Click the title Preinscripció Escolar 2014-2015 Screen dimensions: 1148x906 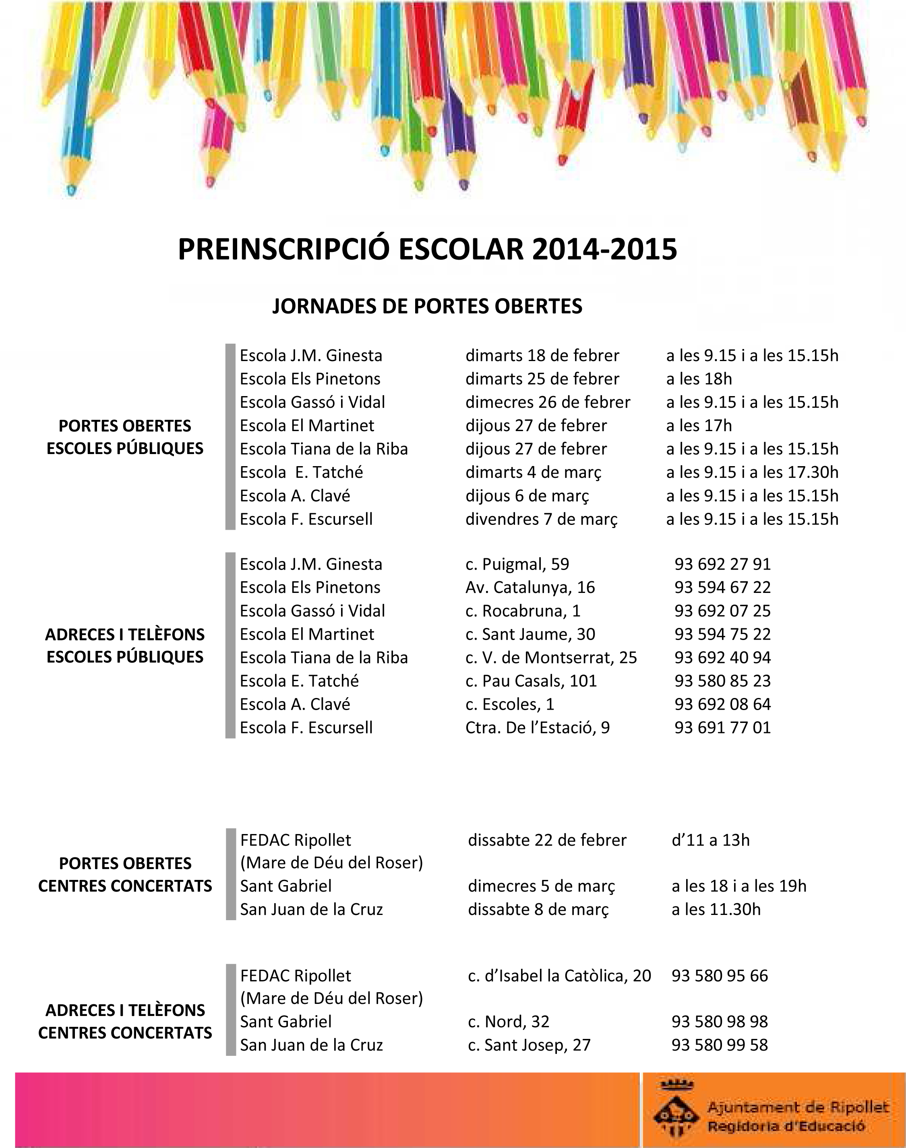(x=427, y=249)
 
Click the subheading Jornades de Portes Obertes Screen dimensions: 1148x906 (x=427, y=306)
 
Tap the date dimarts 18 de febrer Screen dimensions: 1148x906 (x=542, y=355)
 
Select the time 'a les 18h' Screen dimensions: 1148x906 (x=699, y=379)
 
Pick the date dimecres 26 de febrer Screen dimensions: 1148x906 (x=547, y=402)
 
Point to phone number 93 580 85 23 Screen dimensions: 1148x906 (x=722, y=681)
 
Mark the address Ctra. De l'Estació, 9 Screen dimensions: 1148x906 (x=537, y=727)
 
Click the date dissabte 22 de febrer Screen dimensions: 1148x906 (x=547, y=840)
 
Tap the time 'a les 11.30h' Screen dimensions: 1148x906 (x=716, y=909)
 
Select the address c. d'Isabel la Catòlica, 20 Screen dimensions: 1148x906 (x=559, y=976)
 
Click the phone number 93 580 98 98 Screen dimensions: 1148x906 (x=719, y=1021)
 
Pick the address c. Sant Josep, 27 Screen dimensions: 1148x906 (x=529, y=1045)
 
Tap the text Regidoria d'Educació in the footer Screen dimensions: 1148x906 (x=786, y=1126)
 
